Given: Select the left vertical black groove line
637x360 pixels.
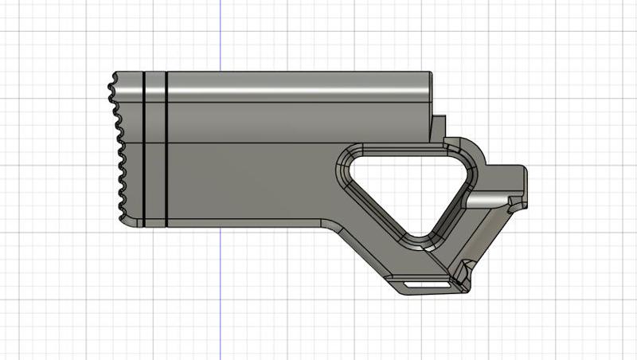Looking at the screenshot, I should (x=143, y=147).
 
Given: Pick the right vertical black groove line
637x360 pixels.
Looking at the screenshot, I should (x=166, y=147).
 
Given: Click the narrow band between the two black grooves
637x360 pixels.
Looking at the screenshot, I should (x=154, y=147).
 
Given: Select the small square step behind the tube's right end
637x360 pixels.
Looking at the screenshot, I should (x=438, y=126).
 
